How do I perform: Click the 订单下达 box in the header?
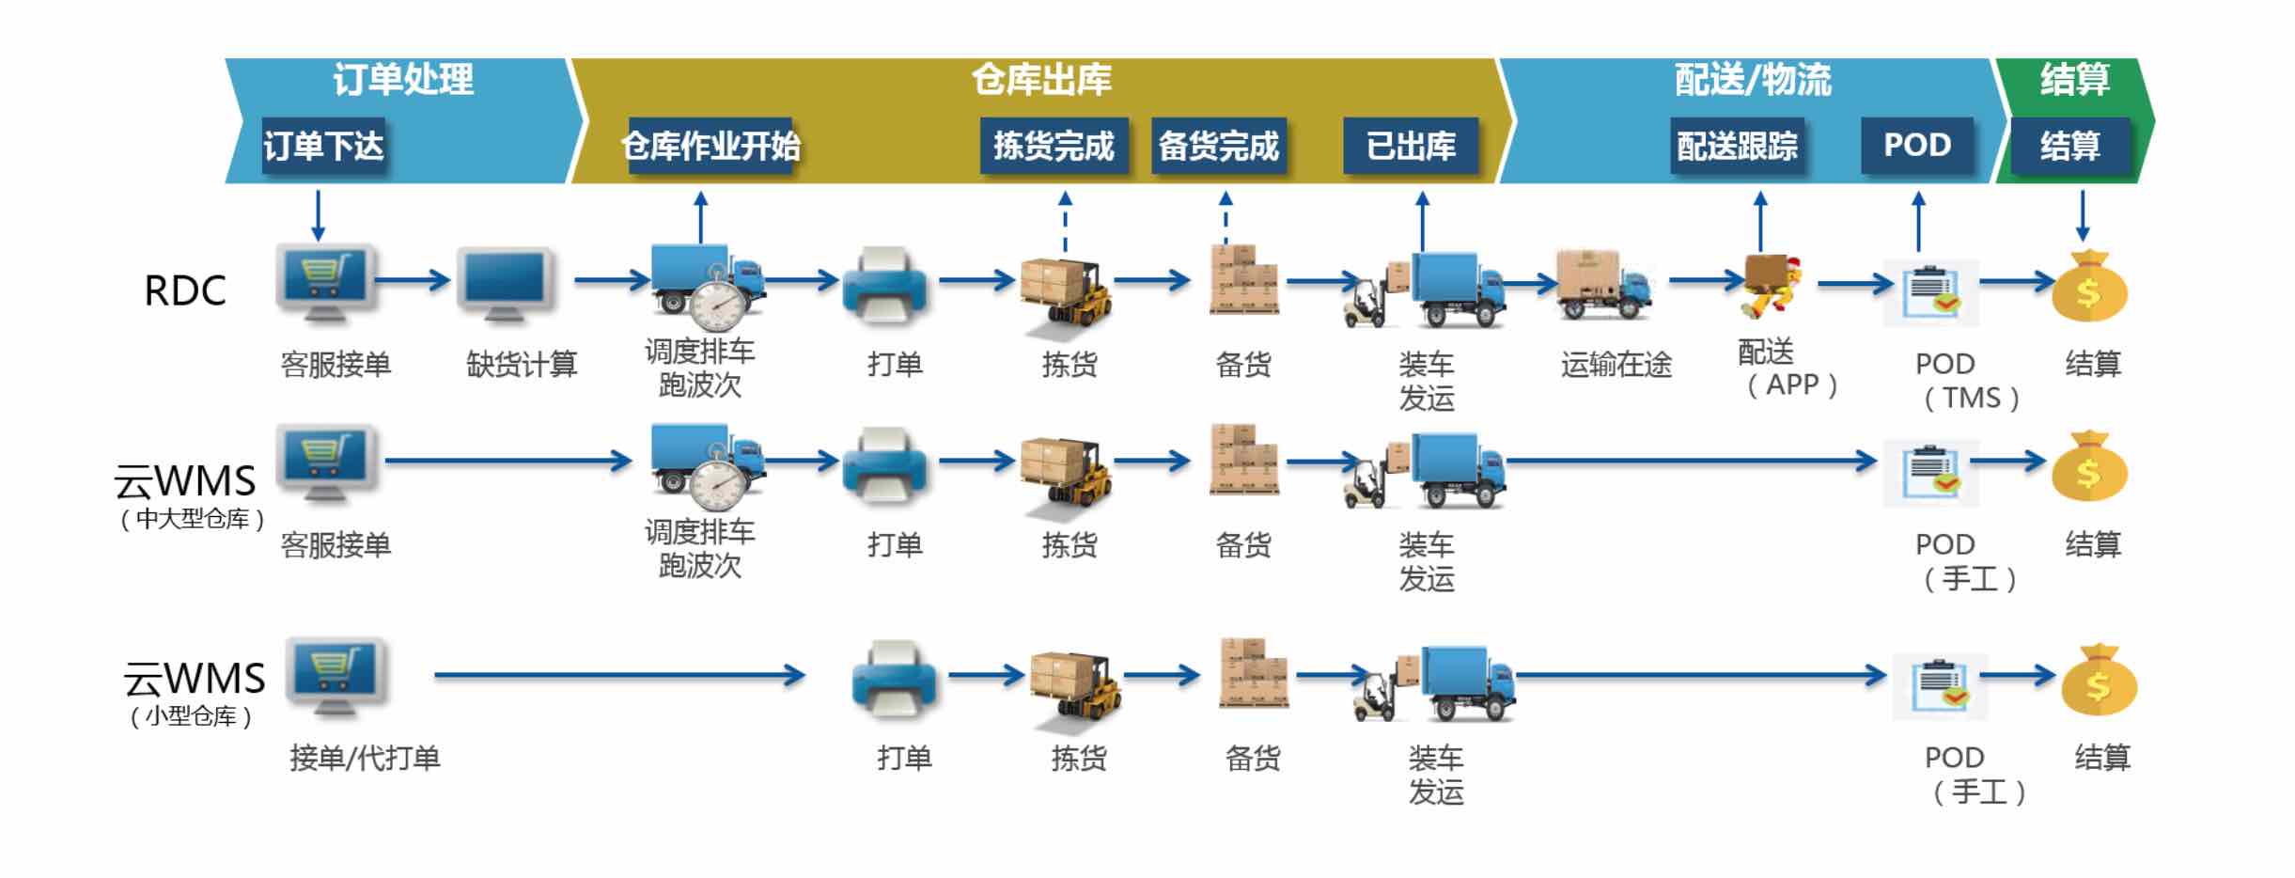pos(323,146)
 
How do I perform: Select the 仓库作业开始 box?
pos(710,146)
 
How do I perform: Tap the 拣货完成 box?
pos(1053,146)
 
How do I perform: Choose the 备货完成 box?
pos(1218,146)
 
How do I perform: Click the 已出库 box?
pos(1411,146)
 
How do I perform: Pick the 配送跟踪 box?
pos(1737,146)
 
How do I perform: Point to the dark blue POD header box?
pos(1917,145)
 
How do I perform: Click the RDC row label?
pos(185,291)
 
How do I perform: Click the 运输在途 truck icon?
pos(1603,284)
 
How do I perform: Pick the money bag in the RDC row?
pos(2088,287)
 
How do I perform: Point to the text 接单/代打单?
pos(365,758)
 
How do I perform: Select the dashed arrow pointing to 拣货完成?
pos(1065,222)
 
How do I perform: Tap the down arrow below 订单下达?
pos(318,215)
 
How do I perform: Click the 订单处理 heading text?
pos(403,80)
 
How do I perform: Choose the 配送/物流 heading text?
pos(1753,80)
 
